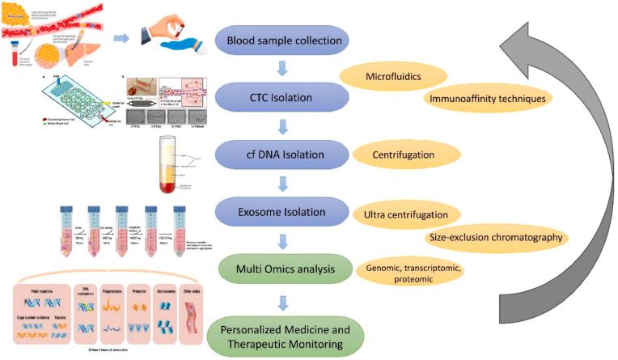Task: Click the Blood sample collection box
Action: pyautogui.click(x=282, y=40)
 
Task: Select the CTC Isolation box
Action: pyautogui.click(x=282, y=98)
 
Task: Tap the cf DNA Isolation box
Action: pyautogui.click(x=282, y=155)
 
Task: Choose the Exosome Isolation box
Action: pyautogui.click(x=282, y=214)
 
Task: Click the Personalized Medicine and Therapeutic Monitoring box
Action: pyautogui.click(x=282, y=334)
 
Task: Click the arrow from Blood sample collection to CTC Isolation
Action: pyautogui.click(x=282, y=69)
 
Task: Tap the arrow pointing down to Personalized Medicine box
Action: pyautogui.click(x=282, y=301)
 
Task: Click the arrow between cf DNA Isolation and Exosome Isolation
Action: pyautogui.click(x=282, y=184)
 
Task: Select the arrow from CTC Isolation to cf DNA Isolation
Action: pyautogui.click(x=282, y=127)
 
